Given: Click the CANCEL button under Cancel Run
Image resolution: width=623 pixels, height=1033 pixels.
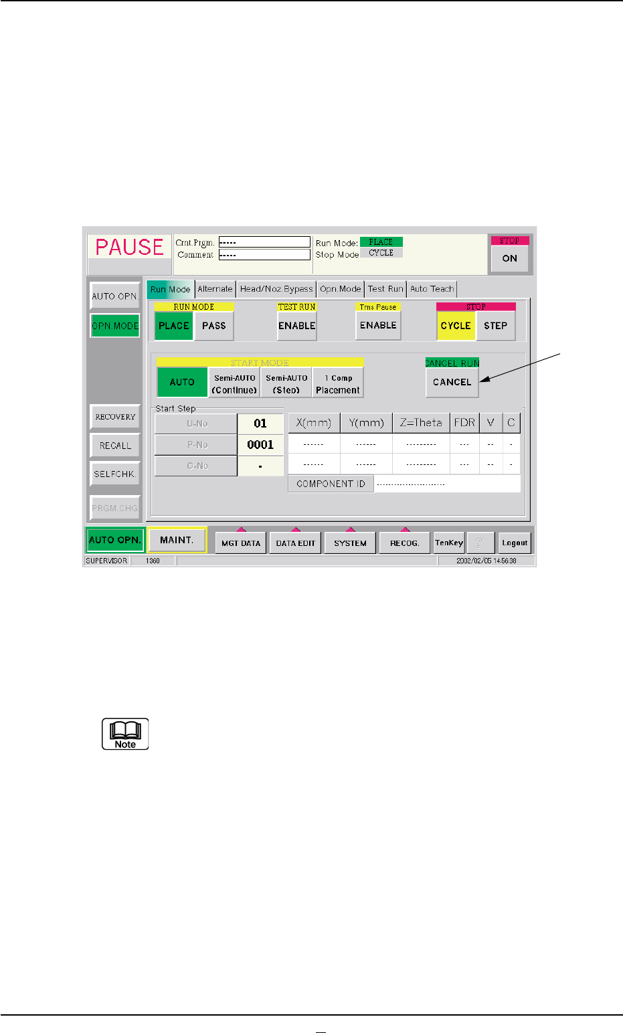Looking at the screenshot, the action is (452, 382).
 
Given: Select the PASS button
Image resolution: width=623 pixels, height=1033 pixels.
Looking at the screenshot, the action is (213, 326).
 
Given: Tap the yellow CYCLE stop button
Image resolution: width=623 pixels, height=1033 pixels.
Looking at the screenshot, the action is (456, 326).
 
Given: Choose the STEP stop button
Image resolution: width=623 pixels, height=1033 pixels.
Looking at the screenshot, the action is (495, 326).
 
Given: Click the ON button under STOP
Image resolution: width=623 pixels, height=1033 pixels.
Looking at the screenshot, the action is (509, 258).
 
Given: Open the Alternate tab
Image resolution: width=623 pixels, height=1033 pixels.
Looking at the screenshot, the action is (215, 289).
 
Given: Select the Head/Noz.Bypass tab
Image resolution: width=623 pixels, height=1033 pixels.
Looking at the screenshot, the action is (276, 289).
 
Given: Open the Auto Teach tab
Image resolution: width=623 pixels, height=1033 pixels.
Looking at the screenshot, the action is (432, 289).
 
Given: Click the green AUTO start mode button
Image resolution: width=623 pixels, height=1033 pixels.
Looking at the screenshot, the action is (182, 382).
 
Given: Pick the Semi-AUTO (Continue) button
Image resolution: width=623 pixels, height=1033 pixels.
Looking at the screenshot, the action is (234, 384).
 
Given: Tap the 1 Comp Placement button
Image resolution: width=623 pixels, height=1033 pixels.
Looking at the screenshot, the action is (338, 384).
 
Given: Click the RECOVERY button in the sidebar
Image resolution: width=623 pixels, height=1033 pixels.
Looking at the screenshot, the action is (115, 417).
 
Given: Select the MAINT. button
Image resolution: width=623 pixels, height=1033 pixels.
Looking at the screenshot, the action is (177, 541).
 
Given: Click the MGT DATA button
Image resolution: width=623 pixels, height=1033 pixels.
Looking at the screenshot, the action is (241, 543).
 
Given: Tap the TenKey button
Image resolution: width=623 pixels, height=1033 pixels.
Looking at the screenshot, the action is (448, 543).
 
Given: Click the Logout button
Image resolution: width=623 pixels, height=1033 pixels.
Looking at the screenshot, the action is (515, 543).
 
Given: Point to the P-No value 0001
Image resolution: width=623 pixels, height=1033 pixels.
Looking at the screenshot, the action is (260, 445).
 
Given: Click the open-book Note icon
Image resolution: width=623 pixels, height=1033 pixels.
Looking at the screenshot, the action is (125, 734).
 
